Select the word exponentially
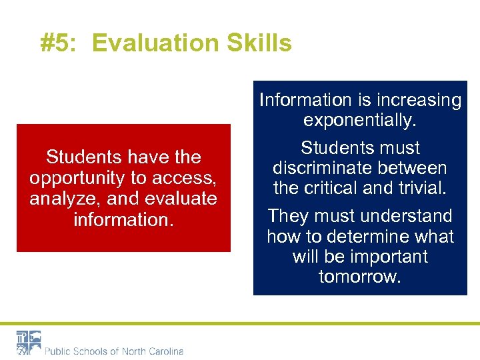pyautogui.click(x=360, y=121)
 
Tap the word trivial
pyautogui.click(x=421, y=189)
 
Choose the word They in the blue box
pyautogui.click(x=288, y=216)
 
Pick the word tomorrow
pyautogui.click(x=360, y=277)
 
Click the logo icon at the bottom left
pyautogui.click(x=29, y=342)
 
